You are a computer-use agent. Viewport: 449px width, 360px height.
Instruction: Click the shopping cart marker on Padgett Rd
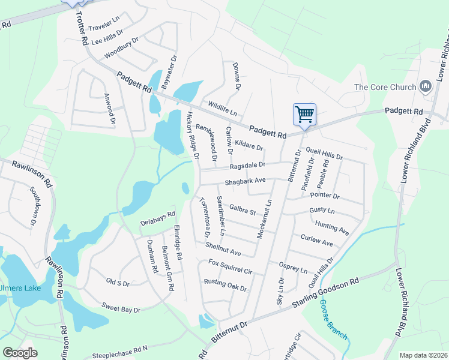pos(304,114)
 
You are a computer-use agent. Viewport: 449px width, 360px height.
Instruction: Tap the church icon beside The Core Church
pos(427,87)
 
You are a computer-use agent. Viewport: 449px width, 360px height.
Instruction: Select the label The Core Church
pos(385,87)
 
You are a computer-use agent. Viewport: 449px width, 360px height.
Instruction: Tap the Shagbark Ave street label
pos(245,181)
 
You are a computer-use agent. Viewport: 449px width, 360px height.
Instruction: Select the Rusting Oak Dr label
pos(225,284)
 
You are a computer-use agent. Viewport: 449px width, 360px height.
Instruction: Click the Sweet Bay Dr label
pos(120,308)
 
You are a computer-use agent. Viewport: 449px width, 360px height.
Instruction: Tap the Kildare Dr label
pos(249,144)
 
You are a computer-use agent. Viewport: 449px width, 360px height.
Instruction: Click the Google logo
pos(20,352)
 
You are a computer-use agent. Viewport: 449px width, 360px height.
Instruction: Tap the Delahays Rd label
pos(157,217)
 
